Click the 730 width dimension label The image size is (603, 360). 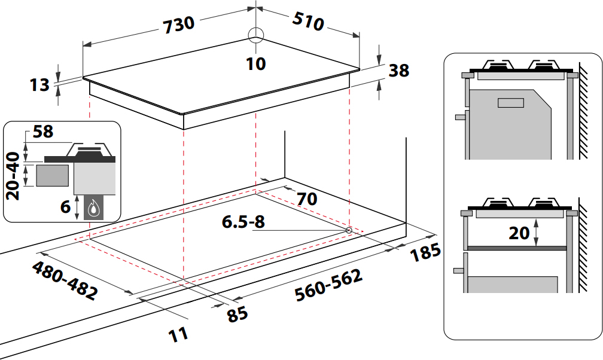coord(179,25)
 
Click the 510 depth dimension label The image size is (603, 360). coord(308,21)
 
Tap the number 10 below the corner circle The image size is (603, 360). coord(256,64)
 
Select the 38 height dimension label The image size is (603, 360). coord(399,71)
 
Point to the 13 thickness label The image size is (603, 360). coord(39,85)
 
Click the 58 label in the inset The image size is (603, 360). coord(42,132)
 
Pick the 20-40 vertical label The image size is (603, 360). coord(13,176)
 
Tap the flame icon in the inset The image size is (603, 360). coord(93,209)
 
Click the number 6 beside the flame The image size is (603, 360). coord(65,206)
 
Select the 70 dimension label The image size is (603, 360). coord(307,199)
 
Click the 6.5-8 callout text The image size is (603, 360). coord(243,221)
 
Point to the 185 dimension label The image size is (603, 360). coord(425,252)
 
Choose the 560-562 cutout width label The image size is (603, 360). coord(329,285)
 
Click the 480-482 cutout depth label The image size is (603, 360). coord(65,281)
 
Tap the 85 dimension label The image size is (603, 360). coord(237,314)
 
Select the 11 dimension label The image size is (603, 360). coord(178,334)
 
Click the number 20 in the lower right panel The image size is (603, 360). coord(519,233)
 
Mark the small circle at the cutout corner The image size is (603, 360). coord(349,230)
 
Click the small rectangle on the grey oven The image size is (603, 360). coord(511,103)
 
